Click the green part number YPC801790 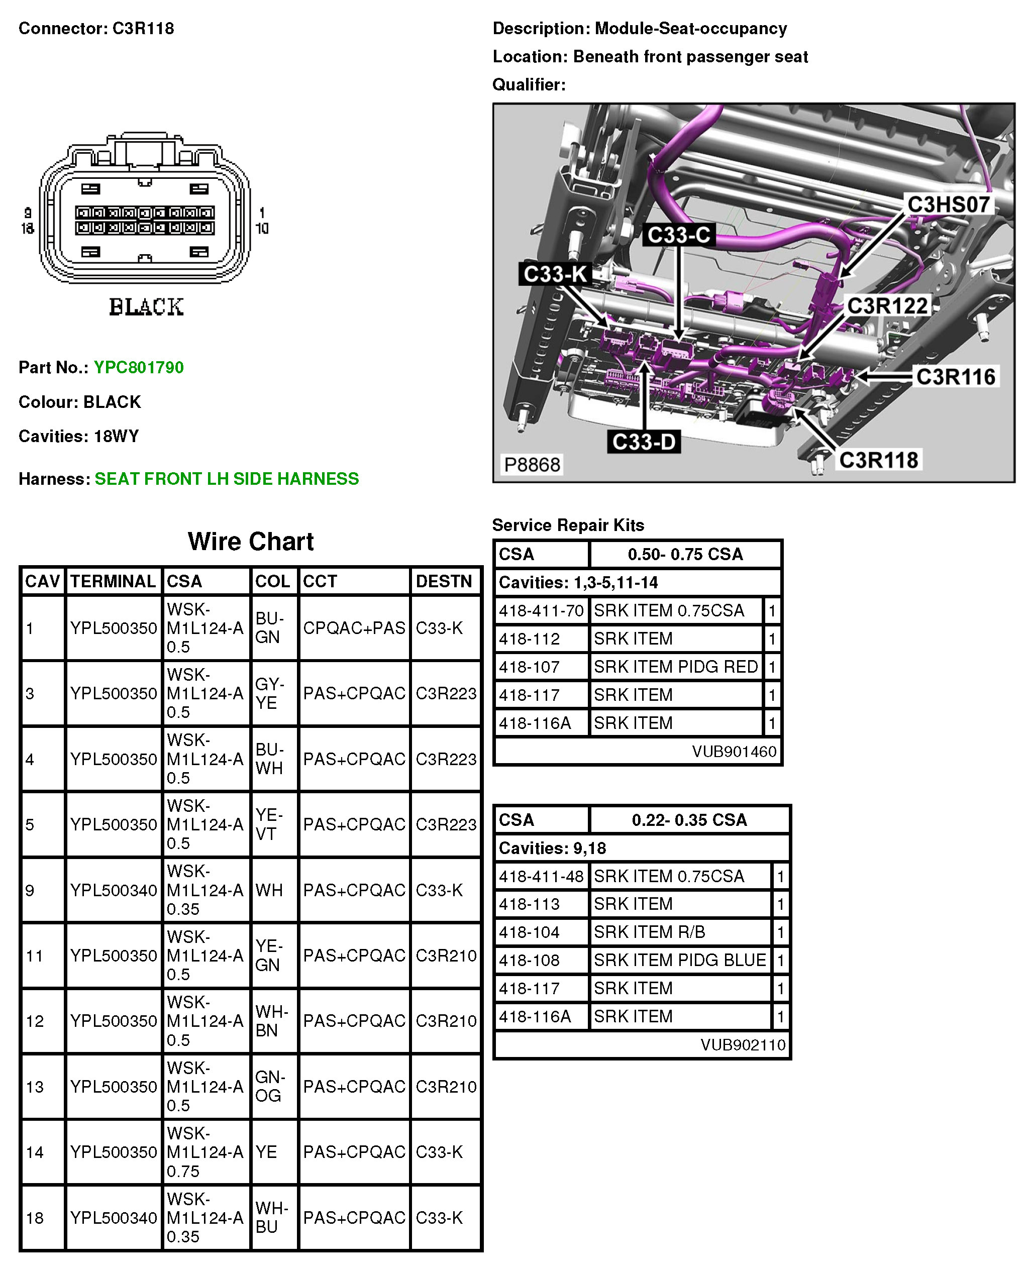point(139,367)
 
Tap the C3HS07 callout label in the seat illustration point(949,205)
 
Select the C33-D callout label point(644,442)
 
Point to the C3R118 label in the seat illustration point(878,460)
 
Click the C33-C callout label point(679,235)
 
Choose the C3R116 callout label point(956,377)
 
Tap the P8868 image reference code point(532,465)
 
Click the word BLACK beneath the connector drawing point(146,307)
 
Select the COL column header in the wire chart point(273,581)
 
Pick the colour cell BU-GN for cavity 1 point(270,627)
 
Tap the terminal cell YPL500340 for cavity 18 point(113,1218)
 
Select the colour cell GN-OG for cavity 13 point(270,1086)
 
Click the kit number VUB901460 point(734,752)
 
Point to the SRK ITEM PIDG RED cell point(676,667)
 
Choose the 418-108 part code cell point(529,960)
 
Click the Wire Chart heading point(251,542)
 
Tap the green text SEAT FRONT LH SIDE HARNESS point(227,479)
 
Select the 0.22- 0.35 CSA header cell point(689,820)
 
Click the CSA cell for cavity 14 point(205,1152)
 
